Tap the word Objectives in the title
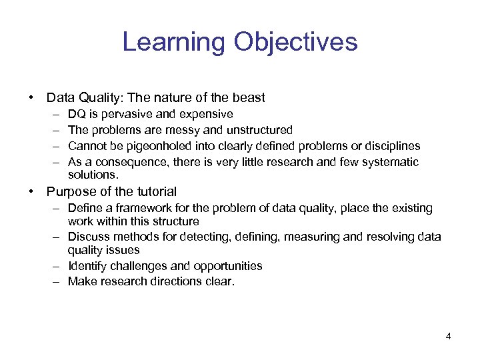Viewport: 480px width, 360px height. pos(295,43)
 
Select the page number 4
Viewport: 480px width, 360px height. pos(448,336)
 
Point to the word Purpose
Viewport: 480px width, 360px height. pos(71,192)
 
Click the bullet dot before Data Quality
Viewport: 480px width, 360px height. pos(32,98)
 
